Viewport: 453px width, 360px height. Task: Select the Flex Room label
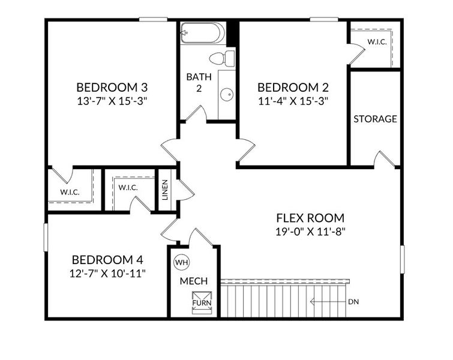click(x=310, y=218)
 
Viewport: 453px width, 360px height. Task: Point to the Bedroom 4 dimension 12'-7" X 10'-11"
click(x=107, y=273)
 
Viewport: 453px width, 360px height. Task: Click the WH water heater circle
click(x=181, y=262)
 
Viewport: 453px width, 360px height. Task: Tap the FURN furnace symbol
click(x=200, y=299)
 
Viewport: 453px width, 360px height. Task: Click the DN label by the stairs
click(x=354, y=302)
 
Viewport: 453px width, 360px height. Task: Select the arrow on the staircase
click(x=327, y=302)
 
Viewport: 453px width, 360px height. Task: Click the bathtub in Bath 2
click(x=203, y=32)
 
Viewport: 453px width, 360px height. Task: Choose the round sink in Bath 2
click(x=227, y=94)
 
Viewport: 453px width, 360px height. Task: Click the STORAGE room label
click(x=375, y=119)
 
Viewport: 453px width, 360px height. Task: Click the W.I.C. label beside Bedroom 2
click(x=377, y=42)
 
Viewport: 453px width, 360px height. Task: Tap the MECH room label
click(x=194, y=281)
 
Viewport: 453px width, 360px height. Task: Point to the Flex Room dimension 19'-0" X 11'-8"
click(x=310, y=231)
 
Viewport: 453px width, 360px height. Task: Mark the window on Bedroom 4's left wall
click(x=46, y=238)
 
